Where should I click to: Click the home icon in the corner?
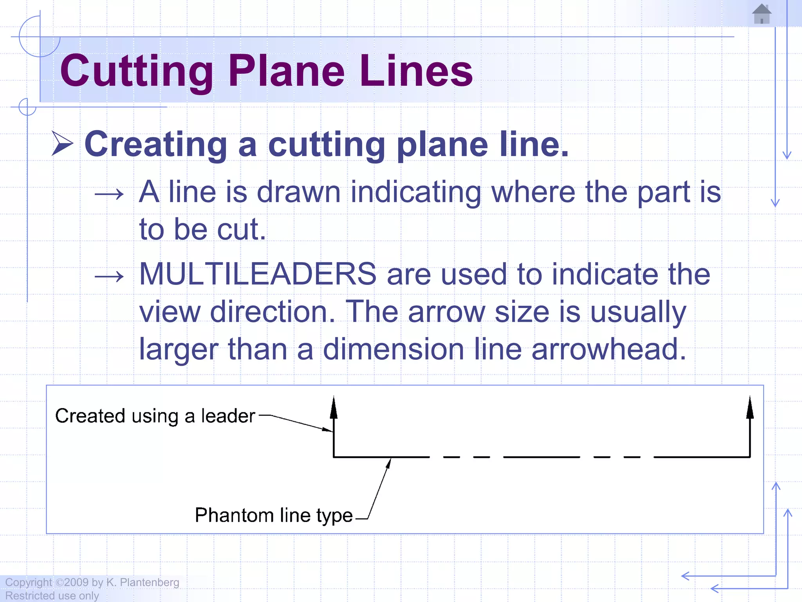[x=762, y=14]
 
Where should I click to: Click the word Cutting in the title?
[x=136, y=71]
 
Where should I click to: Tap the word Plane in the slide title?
[x=286, y=71]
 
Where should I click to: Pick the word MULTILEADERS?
[x=258, y=274]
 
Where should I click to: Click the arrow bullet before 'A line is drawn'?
[x=109, y=194]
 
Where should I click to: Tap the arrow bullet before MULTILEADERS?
[x=109, y=277]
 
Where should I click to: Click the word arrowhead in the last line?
[x=609, y=349]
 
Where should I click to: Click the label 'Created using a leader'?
[x=155, y=416]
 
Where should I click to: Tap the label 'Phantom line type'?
[x=273, y=515]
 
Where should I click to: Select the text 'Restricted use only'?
[x=52, y=596]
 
